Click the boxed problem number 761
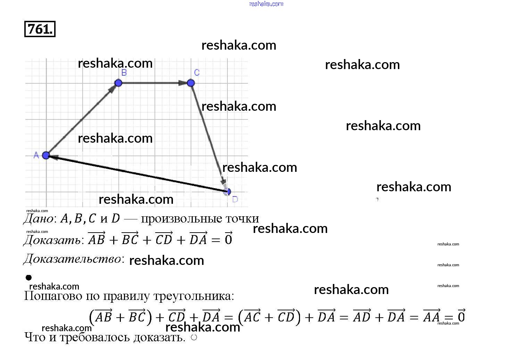(40, 29)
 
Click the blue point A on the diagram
(46, 155)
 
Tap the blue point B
(118, 83)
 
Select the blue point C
(191, 83)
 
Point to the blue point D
(228, 191)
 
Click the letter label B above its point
(124, 73)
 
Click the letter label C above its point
(197, 73)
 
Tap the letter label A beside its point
(36, 155)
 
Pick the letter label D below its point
(235, 200)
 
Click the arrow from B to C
(155, 83)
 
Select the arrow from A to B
(82, 119)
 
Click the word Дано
(39, 219)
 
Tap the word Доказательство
(73, 259)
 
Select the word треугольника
(192, 296)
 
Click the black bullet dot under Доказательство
(28, 277)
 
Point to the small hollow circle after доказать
(194, 337)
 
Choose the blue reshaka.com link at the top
(266, 4)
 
